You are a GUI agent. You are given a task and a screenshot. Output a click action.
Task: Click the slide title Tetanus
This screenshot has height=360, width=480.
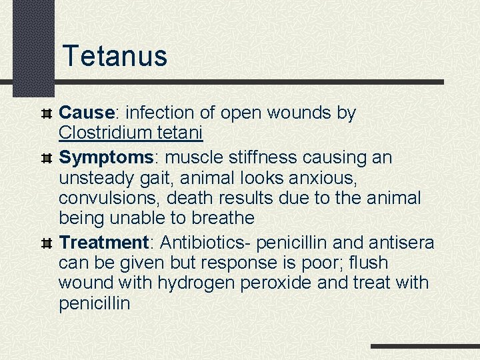coord(115,56)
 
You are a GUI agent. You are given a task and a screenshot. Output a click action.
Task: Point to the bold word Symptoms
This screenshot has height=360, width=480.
coord(107,158)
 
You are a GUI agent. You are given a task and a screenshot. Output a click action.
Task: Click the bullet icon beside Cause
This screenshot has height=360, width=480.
coord(47,114)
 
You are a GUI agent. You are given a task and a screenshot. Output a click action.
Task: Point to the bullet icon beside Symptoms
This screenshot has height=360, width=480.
coord(47,159)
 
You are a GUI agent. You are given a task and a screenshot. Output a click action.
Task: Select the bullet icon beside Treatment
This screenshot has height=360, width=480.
coord(47,243)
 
